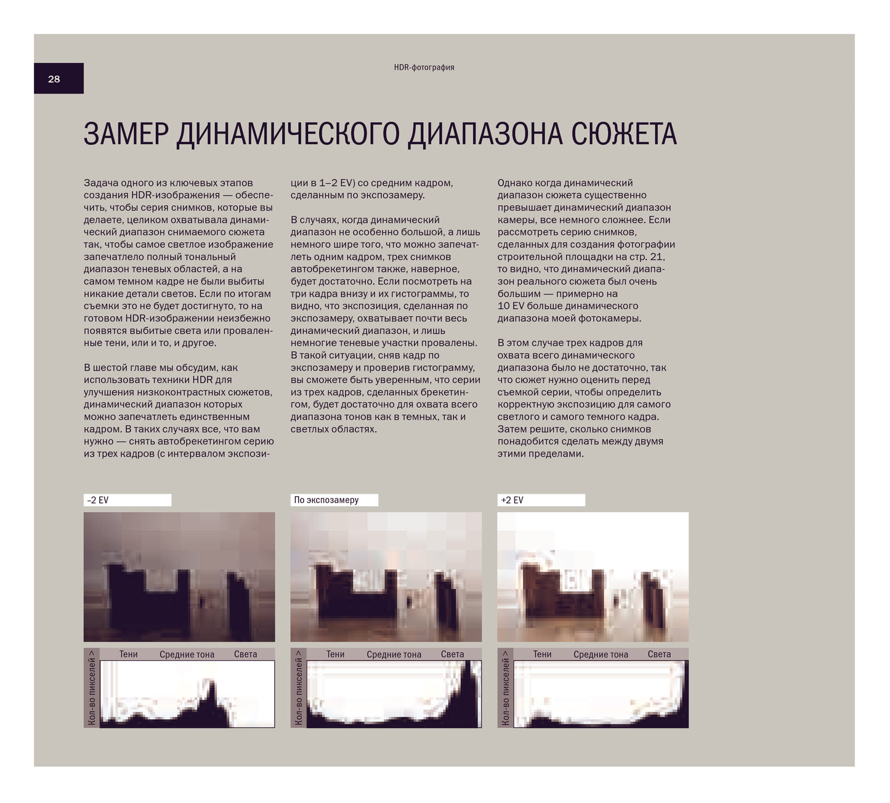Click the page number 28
pos(54,79)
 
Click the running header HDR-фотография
pos(424,67)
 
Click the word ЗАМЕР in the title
pos(125,134)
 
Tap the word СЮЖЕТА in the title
pos(624,134)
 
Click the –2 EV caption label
pos(98,500)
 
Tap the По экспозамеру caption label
pos(326,500)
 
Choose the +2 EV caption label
pos(512,500)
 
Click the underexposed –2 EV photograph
pos(179,577)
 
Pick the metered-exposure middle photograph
pos(386,577)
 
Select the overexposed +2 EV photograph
pos(593,577)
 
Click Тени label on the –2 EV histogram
pos(128,654)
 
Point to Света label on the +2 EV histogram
pos(659,654)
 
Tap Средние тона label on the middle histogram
pos(394,654)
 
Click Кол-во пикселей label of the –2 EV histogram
pos(92,688)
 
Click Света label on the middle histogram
pos(452,654)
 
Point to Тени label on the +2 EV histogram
pos(542,654)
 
